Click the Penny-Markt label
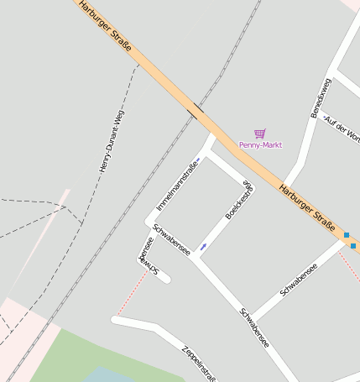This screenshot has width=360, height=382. pos(260,145)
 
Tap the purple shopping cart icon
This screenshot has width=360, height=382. pos(260,133)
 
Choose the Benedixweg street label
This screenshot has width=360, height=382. pos(321,96)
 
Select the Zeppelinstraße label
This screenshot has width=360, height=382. pos(199,362)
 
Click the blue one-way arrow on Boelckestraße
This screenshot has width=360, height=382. pos(203,247)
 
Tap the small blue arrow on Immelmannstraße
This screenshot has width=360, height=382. pos(197,160)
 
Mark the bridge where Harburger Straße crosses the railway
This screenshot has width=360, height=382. pos(195,111)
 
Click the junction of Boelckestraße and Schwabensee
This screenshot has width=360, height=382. pos(198,257)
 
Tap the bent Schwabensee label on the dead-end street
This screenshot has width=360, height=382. pos(147,257)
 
